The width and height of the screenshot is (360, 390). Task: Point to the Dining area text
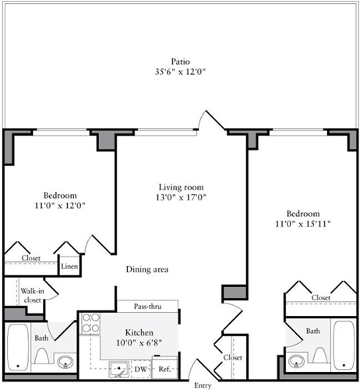[147, 270]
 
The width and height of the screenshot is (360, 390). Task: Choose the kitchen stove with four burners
[92, 323]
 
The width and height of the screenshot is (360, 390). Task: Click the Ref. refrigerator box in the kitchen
[165, 369]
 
